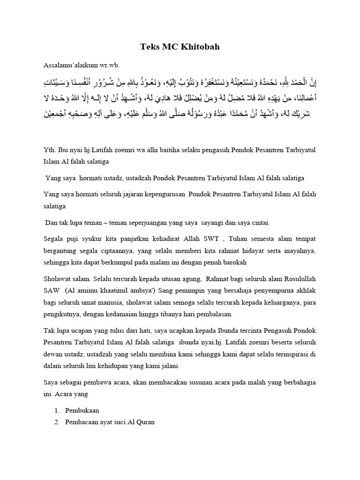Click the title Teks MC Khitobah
click(x=180, y=47)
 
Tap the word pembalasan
click(x=206, y=315)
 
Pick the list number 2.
click(x=57, y=422)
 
